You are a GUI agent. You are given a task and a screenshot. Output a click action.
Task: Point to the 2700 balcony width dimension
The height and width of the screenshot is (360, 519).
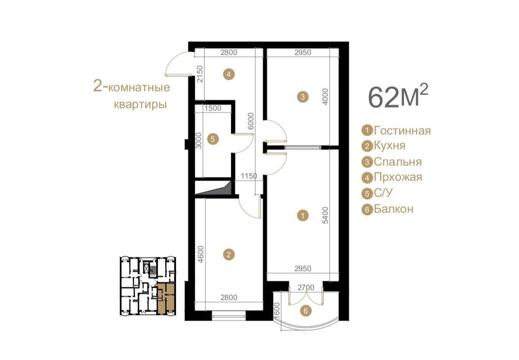point(306,287)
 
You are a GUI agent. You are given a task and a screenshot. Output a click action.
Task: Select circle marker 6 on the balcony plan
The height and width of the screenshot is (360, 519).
point(306,311)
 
